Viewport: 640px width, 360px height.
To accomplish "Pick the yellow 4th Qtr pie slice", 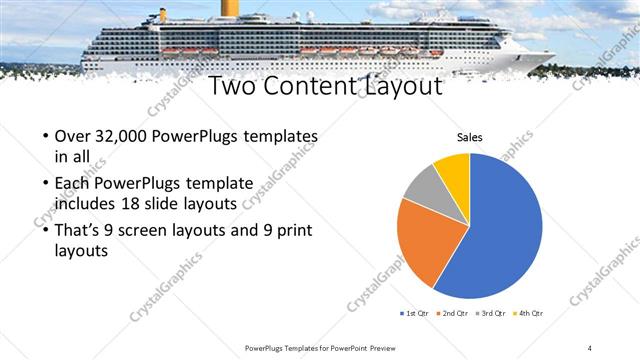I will click(x=453, y=167).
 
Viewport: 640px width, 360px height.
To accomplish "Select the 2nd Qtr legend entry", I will click(x=453, y=313).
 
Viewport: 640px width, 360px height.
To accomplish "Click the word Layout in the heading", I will click(x=401, y=88).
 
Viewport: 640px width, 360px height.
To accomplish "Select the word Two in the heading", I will click(x=235, y=88).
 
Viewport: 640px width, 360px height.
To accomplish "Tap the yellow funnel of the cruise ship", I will click(x=230, y=8).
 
